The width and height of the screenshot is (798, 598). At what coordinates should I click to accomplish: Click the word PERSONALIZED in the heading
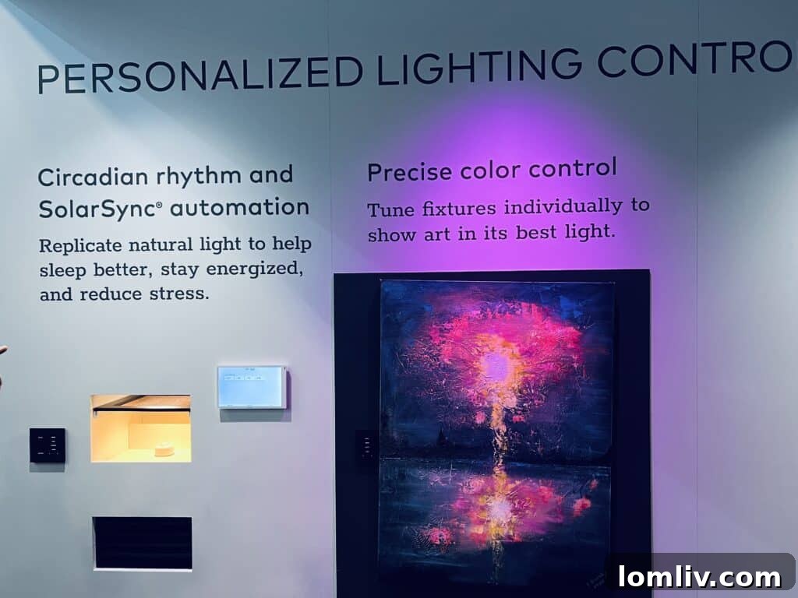click(199, 76)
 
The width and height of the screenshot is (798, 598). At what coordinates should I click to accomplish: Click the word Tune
click(391, 209)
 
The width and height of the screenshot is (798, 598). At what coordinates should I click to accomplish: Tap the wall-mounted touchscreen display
click(252, 387)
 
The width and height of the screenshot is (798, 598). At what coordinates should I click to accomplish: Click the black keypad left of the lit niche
click(48, 445)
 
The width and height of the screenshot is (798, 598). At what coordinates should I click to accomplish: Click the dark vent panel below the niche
click(143, 543)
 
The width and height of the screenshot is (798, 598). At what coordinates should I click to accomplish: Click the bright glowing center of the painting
click(496, 366)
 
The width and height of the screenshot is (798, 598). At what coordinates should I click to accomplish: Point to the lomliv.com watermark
click(699, 577)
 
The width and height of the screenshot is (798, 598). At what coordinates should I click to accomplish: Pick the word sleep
click(64, 270)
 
